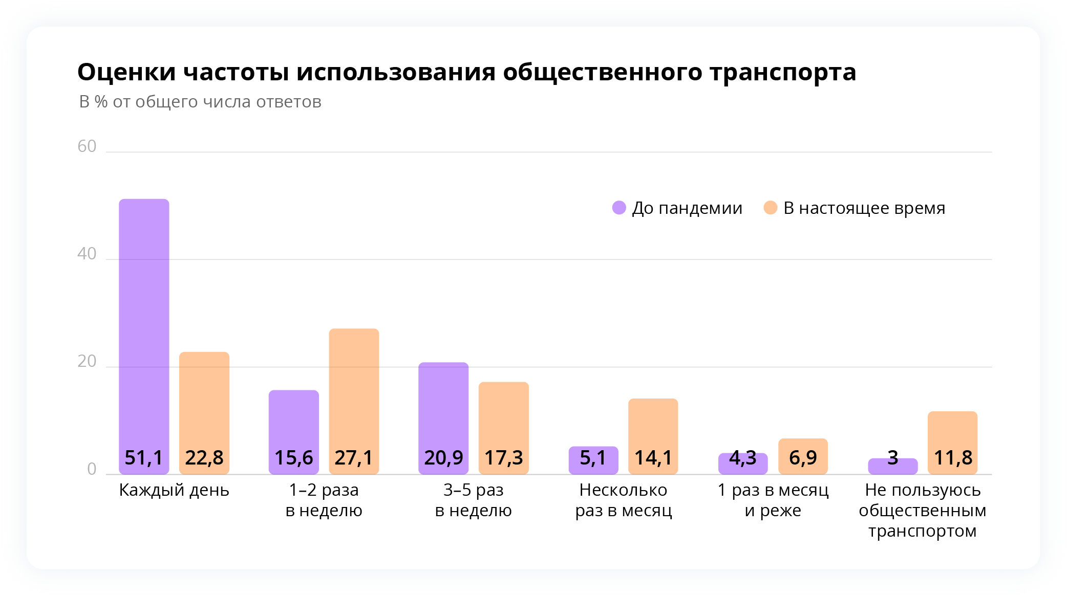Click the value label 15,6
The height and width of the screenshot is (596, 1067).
click(294, 458)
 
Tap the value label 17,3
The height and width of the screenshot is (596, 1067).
click(504, 458)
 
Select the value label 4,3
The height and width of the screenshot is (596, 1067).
click(743, 458)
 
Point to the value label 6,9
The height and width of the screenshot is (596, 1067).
click(803, 458)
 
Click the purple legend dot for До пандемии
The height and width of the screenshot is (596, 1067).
click(619, 208)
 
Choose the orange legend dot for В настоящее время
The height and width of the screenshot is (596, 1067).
click(770, 208)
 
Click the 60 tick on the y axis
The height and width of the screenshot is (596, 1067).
click(87, 146)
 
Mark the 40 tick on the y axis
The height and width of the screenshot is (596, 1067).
click(87, 254)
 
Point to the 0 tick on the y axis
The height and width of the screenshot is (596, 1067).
click(92, 469)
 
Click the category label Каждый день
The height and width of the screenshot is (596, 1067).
click(174, 490)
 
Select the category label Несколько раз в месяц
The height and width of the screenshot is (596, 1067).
click(623, 500)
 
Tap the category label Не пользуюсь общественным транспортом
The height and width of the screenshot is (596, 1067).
click(923, 511)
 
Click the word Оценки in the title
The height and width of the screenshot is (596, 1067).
click(126, 72)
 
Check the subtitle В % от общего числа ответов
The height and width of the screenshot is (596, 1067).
click(200, 102)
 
